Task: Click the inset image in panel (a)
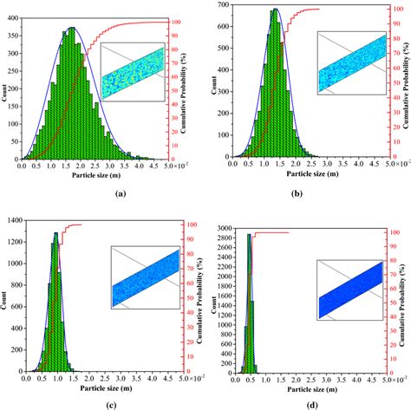pyautogui.click(x=133, y=71)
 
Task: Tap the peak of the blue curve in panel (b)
pyautogui.click(x=276, y=10)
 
